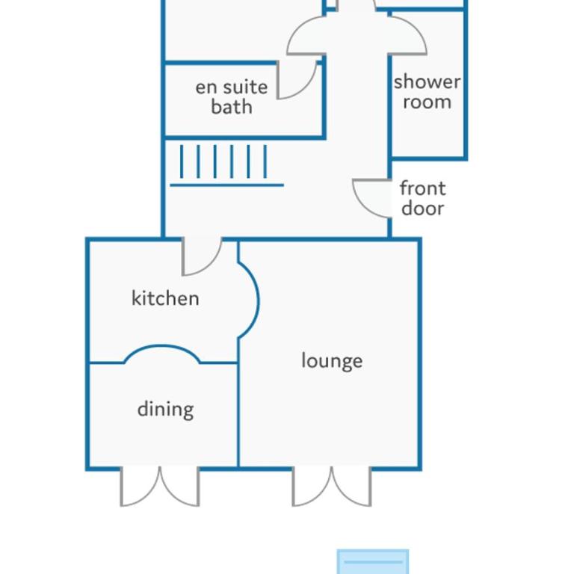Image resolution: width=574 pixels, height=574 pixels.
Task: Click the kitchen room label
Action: tap(165, 298)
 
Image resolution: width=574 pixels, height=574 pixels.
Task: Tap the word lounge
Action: tap(332, 361)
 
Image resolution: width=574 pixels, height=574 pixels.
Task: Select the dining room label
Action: tap(165, 410)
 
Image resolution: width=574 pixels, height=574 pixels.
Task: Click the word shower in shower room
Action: tap(428, 81)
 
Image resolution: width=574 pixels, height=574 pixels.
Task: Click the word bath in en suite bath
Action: tap(232, 107)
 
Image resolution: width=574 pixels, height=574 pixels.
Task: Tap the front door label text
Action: tap(423, 198)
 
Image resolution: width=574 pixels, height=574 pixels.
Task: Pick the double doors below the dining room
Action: tap(160, 487)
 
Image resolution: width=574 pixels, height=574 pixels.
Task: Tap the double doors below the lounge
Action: tap(332, 487)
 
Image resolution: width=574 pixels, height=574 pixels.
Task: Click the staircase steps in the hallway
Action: tap(223, 161)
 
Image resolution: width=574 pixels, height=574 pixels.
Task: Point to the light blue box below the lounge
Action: tap(373, 561)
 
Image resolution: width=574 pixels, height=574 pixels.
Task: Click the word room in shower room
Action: tap(428, 102)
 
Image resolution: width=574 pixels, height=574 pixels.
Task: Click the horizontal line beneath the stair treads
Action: tap(227, 185)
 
